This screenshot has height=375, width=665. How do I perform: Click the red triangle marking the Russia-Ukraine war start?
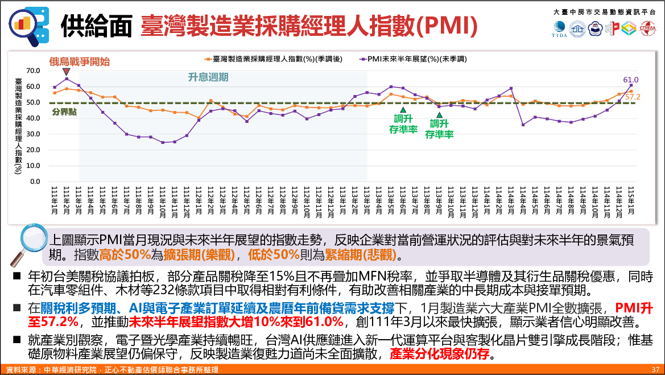pyautogui.click(x=67, y=72)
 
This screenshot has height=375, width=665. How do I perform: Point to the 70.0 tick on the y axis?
pyautogui.click(x=33, y=71)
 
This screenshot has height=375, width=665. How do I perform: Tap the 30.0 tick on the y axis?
pyautogui.click(x=33, y=134)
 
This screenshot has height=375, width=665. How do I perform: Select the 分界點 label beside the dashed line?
pyautogui.click(x=64, y=112)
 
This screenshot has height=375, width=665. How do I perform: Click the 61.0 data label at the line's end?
pyautogui.click(x=631, y=80)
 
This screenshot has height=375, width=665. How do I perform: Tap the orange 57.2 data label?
pyautogui.click(x=633, y=97)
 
